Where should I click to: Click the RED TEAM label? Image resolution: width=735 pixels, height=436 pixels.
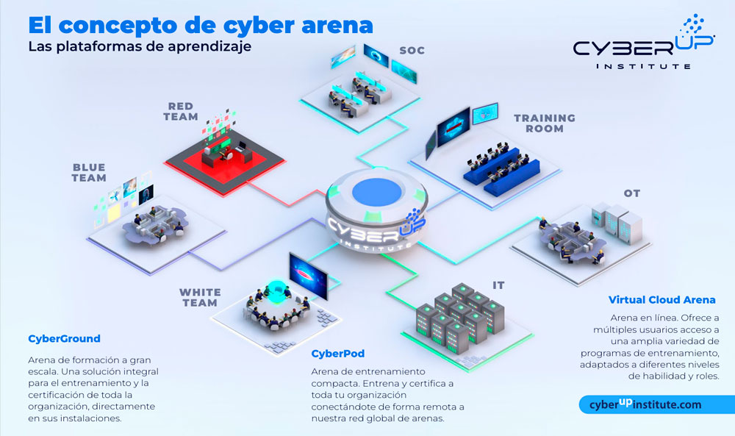click(182, 111)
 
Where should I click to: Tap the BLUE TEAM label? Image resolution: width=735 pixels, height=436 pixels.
click(89, 172)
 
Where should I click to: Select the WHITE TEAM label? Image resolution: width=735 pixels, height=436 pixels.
click(200, 297)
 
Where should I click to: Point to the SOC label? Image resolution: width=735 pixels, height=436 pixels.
click(412, 51)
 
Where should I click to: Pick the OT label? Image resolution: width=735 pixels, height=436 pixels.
click(632, 194)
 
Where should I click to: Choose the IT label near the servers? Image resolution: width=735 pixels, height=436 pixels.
click(498, 285)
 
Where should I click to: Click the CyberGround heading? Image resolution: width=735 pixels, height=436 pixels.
click(64, 339)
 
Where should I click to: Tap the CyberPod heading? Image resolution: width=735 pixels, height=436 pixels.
click(338, 353)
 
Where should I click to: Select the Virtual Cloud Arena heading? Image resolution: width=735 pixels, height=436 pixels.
click(661, 300)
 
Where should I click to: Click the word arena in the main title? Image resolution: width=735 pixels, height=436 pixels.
click(334, 24)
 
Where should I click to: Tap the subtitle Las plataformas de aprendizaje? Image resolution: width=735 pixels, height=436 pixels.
click(139, 47)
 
